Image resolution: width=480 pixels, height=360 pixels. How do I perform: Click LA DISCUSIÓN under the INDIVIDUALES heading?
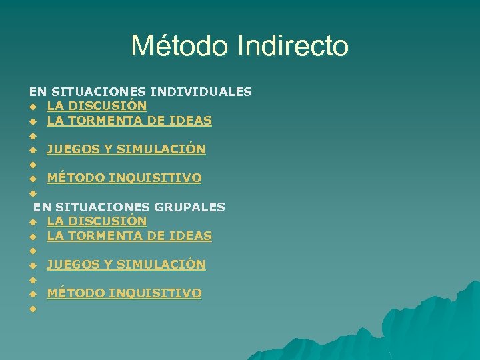tap(97, 106)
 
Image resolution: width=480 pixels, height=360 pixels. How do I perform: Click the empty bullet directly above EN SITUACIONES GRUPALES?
tap(31, 193)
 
